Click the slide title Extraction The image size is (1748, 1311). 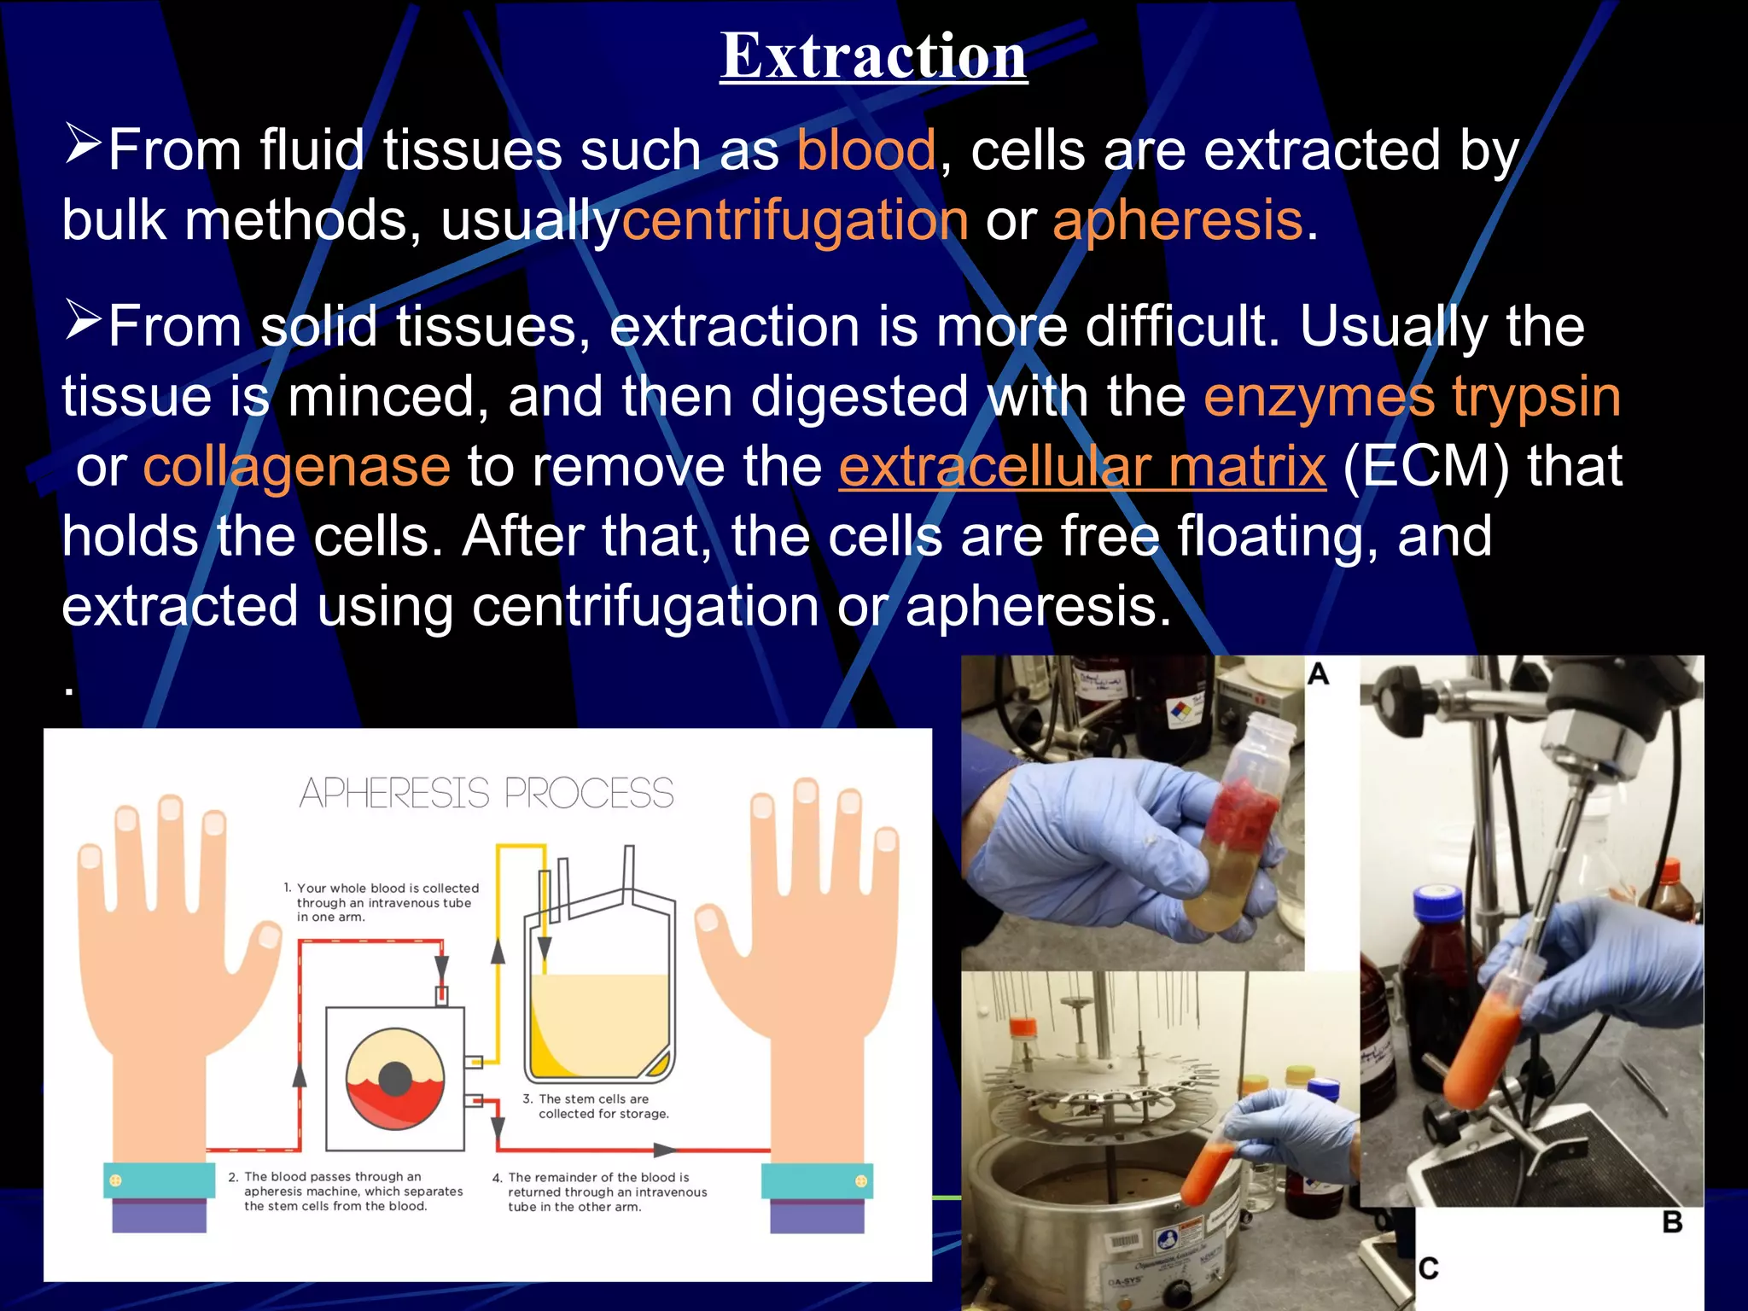(873, 56)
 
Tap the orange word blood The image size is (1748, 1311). (866, 150)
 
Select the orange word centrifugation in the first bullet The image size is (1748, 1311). (795, 220)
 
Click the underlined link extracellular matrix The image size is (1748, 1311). (1082, 467)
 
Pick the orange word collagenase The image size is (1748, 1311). (296, 467)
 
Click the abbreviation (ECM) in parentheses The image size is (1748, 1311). (1425, 467)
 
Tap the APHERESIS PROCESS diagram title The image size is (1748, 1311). (487, 793)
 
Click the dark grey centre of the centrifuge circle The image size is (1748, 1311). (395, 1078)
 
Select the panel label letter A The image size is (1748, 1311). (1319, 674)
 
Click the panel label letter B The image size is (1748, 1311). (1672, 1222)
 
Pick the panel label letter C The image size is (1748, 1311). (1428, 1267)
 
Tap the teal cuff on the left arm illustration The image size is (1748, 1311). (159, 1180)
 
